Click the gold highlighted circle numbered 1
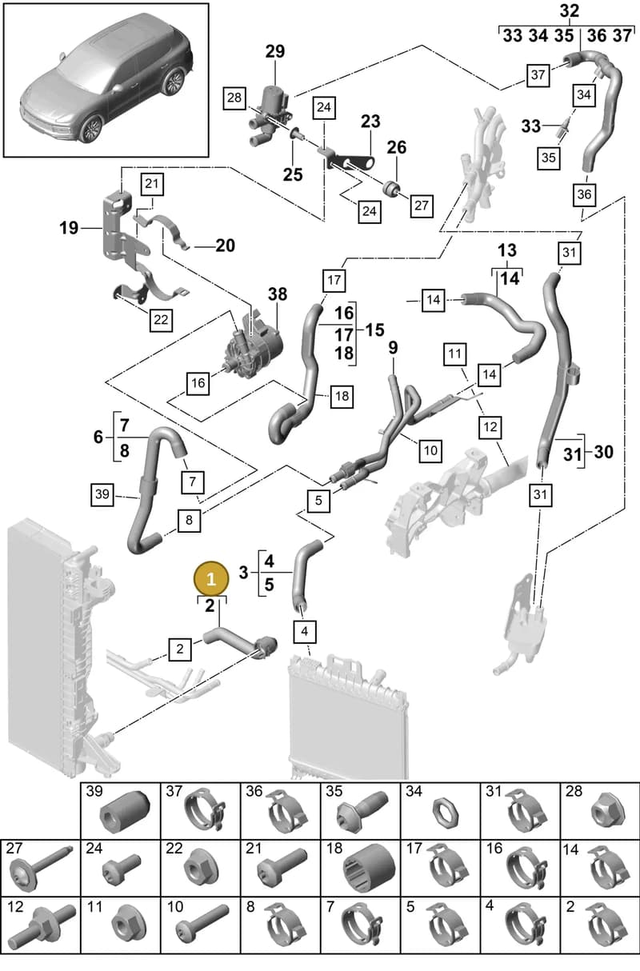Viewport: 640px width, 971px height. (x=211, y=579)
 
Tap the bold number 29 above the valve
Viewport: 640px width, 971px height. (x=275, y=51)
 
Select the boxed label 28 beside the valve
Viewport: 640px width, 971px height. (x=234, y=98)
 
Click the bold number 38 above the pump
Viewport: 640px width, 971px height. (x=278, y=294)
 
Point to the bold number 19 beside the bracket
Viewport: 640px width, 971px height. (x=69, y=228)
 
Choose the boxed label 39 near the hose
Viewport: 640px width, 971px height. (x=102, y=494)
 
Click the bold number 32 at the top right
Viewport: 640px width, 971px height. (x=570, y=11)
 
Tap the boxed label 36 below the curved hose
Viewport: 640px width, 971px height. (x=584, y=194)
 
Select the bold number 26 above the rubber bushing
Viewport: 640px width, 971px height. (x=396, y=147)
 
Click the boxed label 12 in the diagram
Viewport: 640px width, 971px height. (x=490, y=427)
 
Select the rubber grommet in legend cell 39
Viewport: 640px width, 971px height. (x=125, y=809)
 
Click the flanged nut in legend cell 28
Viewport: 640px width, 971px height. (x=608, y=810)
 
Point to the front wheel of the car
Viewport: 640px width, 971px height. (x=91, y=129)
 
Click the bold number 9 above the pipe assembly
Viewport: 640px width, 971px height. (x=393, y=348)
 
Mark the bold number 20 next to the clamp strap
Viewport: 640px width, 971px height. (x=225, y=246)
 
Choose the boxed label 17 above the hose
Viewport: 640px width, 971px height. (x=334, y=280)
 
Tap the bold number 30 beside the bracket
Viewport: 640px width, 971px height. (x=603, y=452)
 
